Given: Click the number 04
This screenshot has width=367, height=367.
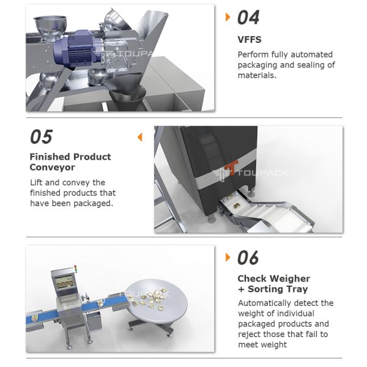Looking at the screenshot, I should (x=248, y=17).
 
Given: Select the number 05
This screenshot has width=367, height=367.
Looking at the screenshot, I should (x=41, y=136).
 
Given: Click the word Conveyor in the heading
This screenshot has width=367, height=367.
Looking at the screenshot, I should (x=53, y=167).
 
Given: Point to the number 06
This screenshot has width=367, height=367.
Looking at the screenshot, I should (x=248, y=258).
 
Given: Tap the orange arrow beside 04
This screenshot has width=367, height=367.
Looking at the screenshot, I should (x=228, y=17).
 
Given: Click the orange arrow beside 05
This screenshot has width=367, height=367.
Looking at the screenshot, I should (x=139, y=136).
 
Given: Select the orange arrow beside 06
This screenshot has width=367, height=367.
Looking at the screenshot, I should (x=228, y=257).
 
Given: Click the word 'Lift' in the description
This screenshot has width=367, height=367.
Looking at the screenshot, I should (x=37, y=182).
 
